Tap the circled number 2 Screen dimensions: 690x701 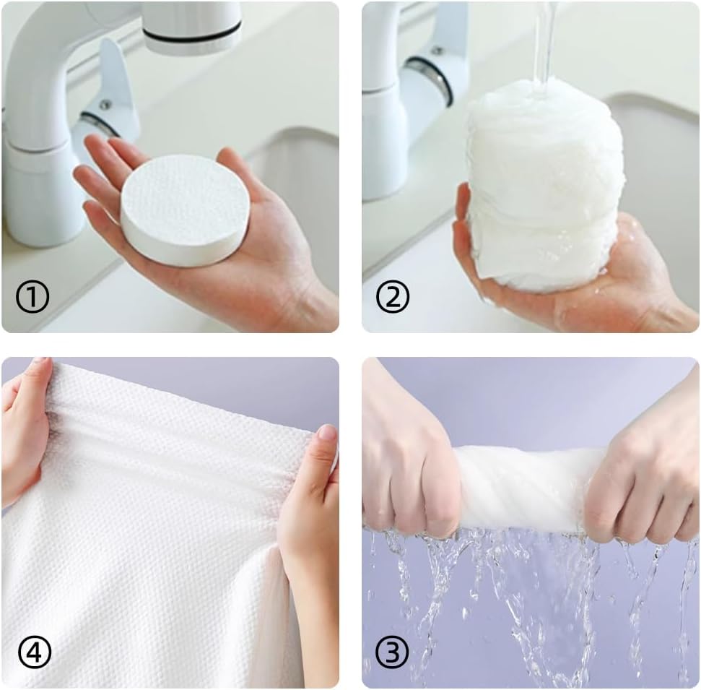[x=393, y=296]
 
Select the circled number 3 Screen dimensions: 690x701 [x=393, y=653]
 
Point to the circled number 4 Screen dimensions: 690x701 [x=33, y=653]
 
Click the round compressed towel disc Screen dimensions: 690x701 [x=185, y=210]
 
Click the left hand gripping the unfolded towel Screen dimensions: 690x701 [x=25, y=426]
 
